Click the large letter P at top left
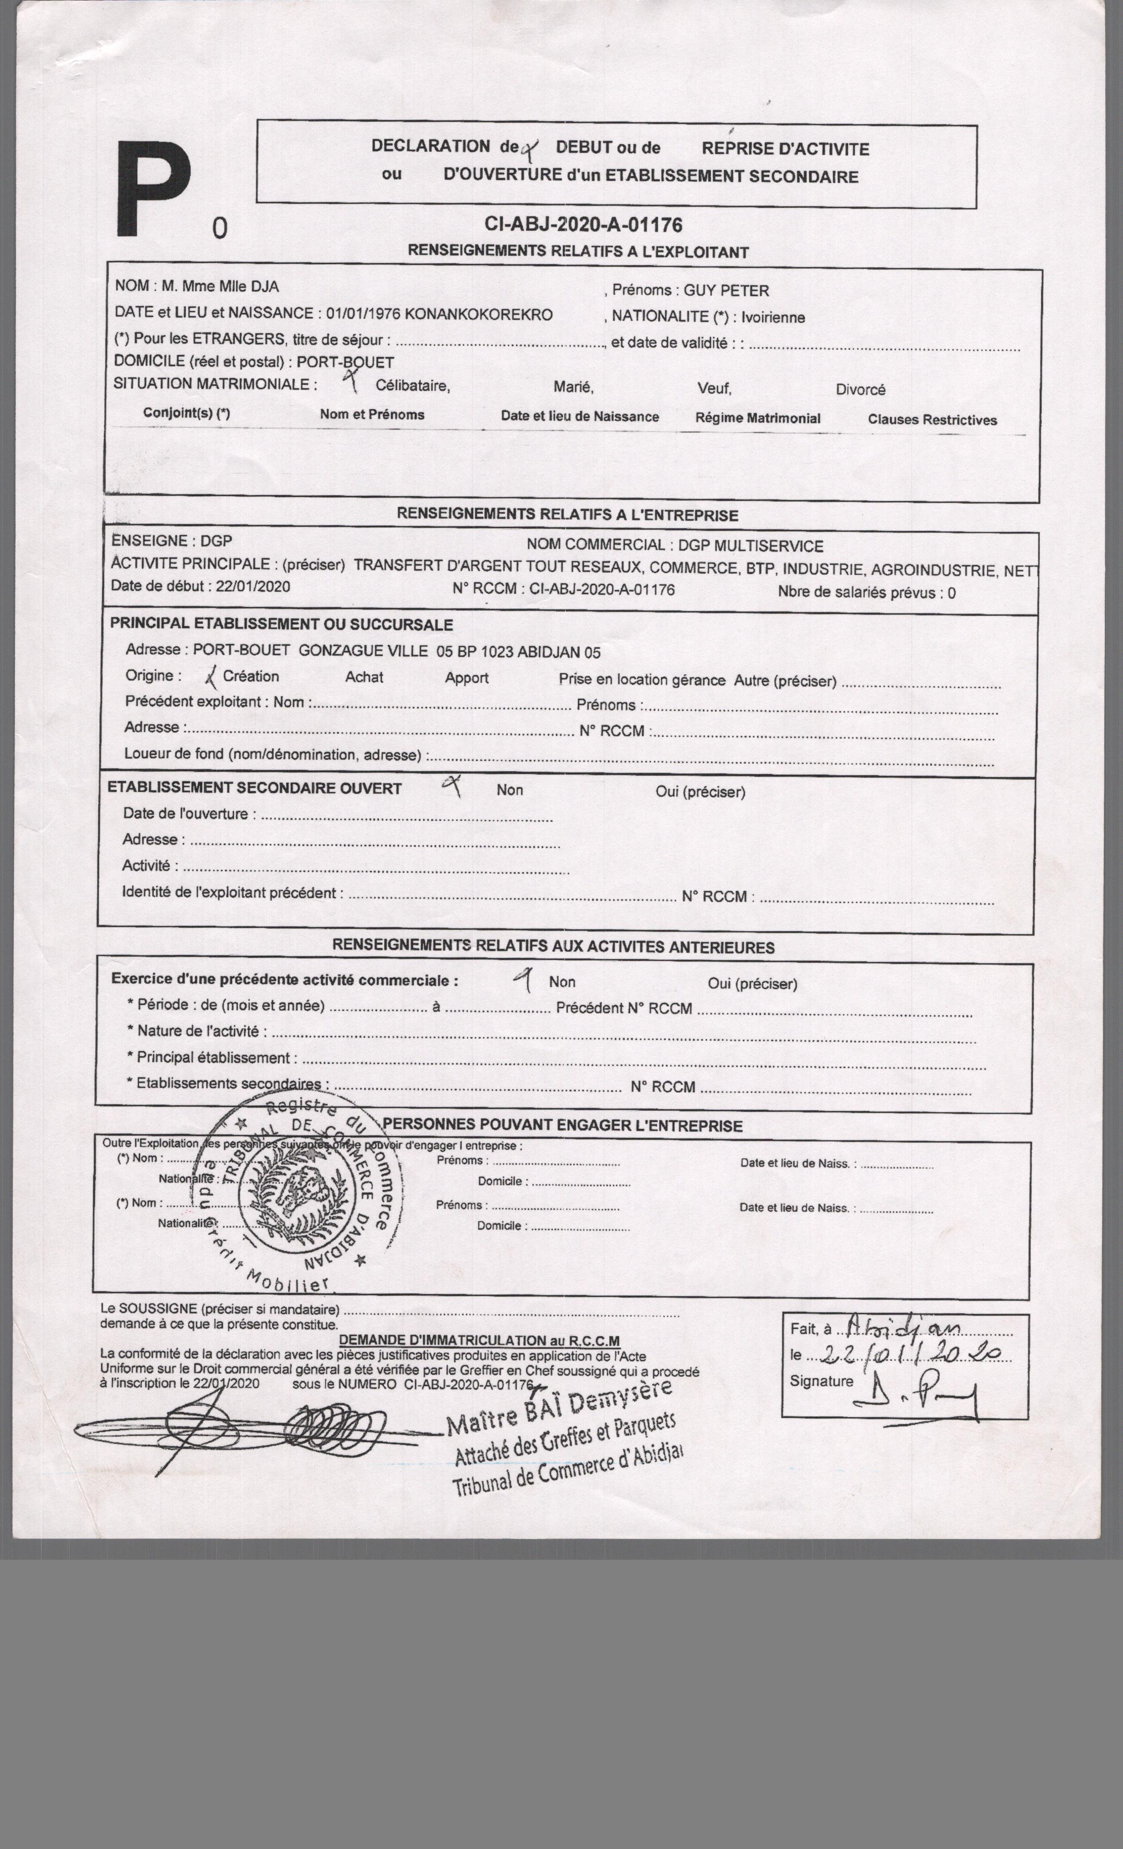(154, 192)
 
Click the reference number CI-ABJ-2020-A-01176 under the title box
(583, 225)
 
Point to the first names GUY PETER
(725, 291)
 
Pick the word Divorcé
(860, 390)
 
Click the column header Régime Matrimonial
(757, 418)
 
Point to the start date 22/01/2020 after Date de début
(252, 586)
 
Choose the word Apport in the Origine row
(466, 678)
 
